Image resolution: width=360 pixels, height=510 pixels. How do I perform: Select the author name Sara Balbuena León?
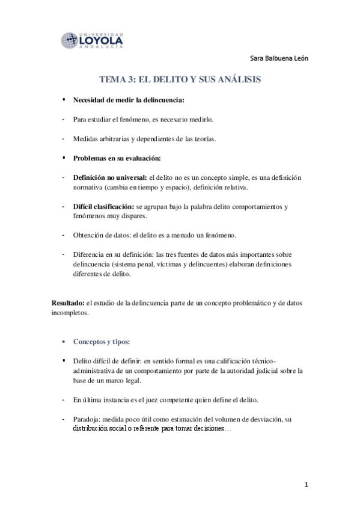coord(281,58)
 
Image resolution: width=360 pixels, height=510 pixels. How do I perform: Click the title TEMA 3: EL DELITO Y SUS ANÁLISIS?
coord(180,79)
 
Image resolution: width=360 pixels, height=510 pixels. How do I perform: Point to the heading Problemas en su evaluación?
coord(117,158)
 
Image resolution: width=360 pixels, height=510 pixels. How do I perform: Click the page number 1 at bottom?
coord(306,485)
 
